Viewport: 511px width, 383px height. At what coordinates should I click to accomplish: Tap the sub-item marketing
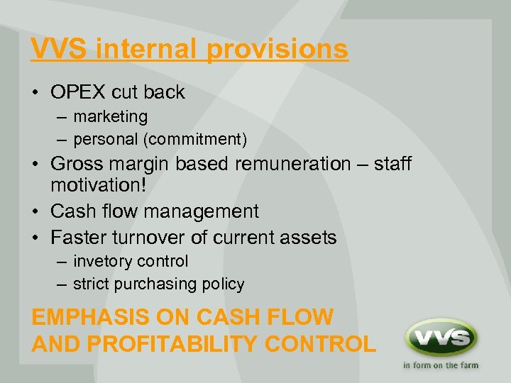110,116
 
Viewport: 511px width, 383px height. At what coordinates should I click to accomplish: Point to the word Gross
79,164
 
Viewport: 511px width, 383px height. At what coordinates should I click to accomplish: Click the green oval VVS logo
440,336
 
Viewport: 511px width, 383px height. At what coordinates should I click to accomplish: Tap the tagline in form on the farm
440,366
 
